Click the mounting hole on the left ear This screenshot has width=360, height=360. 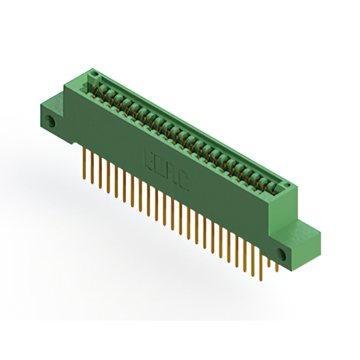[52, 120]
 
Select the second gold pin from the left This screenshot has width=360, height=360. [92, 167]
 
